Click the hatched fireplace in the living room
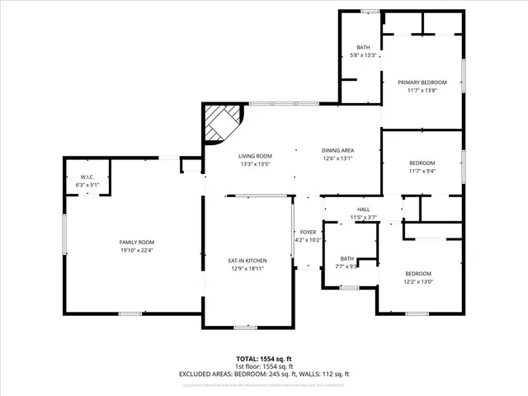[x=221, y=125]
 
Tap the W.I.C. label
[x=87, y=178]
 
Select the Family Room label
[x=136, y=242]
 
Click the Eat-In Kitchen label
[x=247, y=261]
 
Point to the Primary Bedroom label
[x=422, y=82]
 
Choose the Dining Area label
[x=337, y=150]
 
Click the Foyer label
[x=308, y=233]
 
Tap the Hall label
[x=363, y=210]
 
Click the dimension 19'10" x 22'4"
[x=136, y=250]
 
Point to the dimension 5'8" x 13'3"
[x=364, y=55]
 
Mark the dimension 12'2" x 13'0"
[x=417, y=281]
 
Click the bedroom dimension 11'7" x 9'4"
[x=422, y=171]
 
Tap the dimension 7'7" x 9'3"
[x=346, y=266]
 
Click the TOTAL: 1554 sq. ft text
[x=264, y=359]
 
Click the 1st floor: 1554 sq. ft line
[x=264, y=366]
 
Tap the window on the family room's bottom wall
[x=130, y=313]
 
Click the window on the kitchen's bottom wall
[x=245, y=328]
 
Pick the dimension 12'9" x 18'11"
[x=247, y=268]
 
